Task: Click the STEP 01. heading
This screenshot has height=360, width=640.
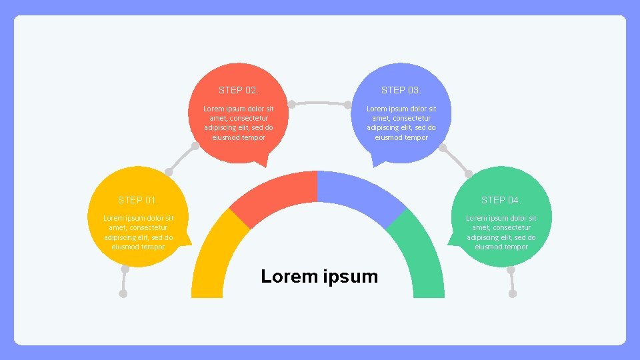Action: click(x=138, y=200)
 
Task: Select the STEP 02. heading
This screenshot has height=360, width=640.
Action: click(x=238, y=90)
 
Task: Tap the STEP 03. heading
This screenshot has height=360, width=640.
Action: click(x=401, y=90)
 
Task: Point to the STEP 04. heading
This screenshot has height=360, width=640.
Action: click(x=501, y=200)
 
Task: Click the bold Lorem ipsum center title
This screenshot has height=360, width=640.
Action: click(x=319, y=276)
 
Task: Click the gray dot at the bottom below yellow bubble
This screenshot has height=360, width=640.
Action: click(x=123, y=293)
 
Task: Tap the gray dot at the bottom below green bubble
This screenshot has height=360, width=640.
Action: click(x=512, y=293)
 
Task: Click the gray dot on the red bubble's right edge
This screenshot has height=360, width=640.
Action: click(x=291, y=105)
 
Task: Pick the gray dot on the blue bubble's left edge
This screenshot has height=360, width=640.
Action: click(x=348, y=105)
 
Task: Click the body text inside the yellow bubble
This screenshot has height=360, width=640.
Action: click(x=138, y=232)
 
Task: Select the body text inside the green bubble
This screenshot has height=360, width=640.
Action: click(x=501, y=232)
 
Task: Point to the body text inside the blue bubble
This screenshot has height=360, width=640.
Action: click(x=401, y=123)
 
